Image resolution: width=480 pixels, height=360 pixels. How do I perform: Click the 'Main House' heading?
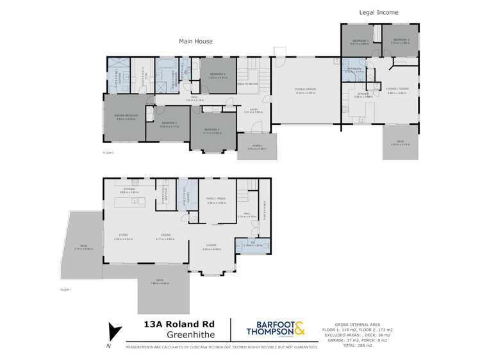[195, 42]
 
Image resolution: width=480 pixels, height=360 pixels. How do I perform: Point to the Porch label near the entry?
[256, 147]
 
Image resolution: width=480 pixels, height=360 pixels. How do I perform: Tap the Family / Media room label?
[216, 200]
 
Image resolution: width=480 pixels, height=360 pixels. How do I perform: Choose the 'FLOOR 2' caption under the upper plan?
[108, 153]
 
